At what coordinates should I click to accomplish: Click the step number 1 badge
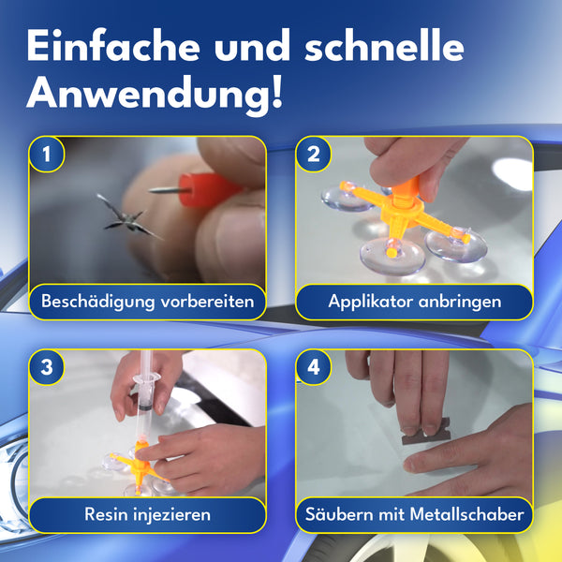coord(47,154)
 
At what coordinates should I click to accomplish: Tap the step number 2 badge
coord(313,154)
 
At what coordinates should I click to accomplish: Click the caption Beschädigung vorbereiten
coord(147,302)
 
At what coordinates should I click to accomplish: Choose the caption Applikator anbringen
coord(415,302)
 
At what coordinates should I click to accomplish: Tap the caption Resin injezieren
coord(147,514)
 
